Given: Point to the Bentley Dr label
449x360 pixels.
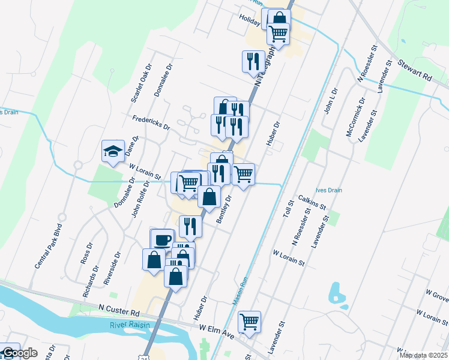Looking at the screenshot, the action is [x=223, y=208].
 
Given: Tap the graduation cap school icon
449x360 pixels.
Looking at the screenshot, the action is [x=112, y=151].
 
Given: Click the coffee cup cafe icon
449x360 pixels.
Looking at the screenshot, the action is [x=161, y=240].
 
